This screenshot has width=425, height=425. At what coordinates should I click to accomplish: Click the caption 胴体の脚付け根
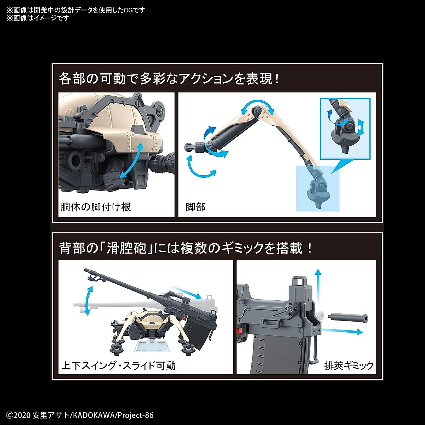click(96, 207)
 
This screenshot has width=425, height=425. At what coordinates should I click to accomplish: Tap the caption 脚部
click(195, 207)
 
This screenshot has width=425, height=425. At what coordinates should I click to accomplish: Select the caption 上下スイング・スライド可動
click(118, 365)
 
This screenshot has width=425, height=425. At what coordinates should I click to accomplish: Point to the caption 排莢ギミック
click(349, 365)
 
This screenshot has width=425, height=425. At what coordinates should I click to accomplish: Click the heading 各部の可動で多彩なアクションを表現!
click(169, 79)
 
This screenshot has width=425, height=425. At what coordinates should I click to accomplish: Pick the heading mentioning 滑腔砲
click(186, 248)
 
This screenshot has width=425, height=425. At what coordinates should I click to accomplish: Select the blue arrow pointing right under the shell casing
click(342, 331)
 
